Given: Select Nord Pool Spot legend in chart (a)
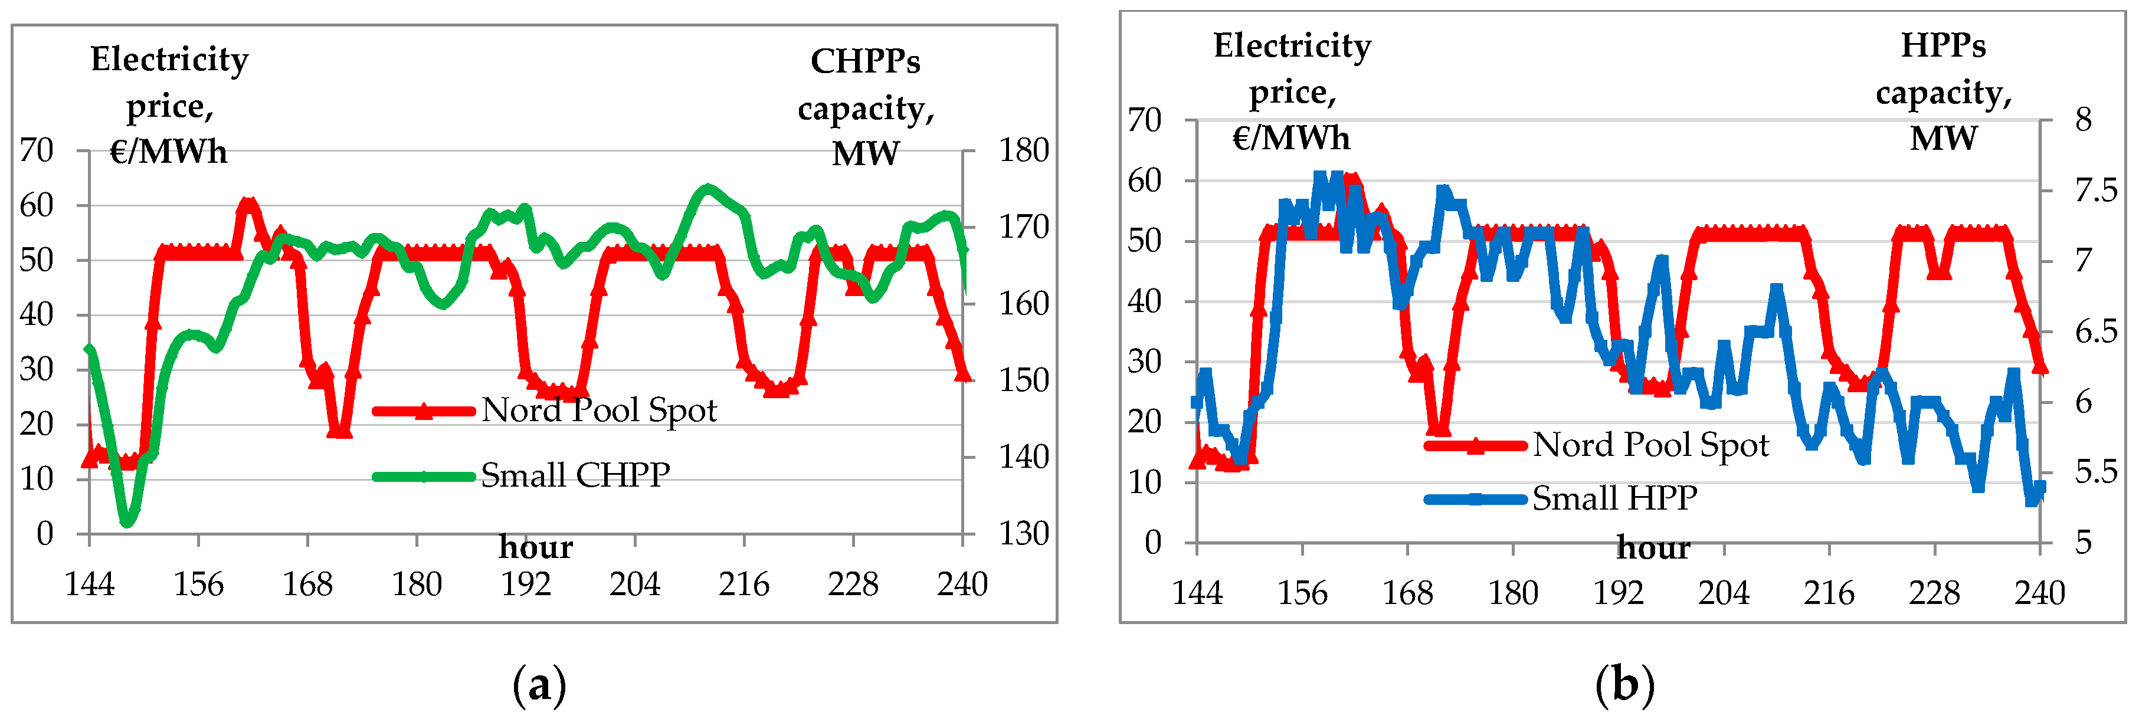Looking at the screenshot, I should point(598,410).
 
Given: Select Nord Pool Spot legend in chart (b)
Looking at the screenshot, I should point(1650,445).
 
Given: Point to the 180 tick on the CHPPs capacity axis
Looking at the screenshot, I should point(1023,151).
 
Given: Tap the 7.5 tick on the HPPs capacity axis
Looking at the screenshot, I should point(2095,192).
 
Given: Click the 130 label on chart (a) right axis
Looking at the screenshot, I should point(1023,534).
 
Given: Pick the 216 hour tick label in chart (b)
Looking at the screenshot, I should point(1829,593).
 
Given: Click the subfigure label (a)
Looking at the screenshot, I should point(540,686).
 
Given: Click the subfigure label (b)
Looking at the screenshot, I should point(1624,686).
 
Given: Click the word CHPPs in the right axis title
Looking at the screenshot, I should point(864,61).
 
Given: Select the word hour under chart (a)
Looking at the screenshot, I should point(536,548).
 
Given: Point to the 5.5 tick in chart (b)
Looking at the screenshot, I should point(2095,472).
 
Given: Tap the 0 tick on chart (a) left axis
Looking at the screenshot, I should point(45,534).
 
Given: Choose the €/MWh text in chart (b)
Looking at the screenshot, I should point(1290,138).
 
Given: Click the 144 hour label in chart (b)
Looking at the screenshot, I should point(1197,593).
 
